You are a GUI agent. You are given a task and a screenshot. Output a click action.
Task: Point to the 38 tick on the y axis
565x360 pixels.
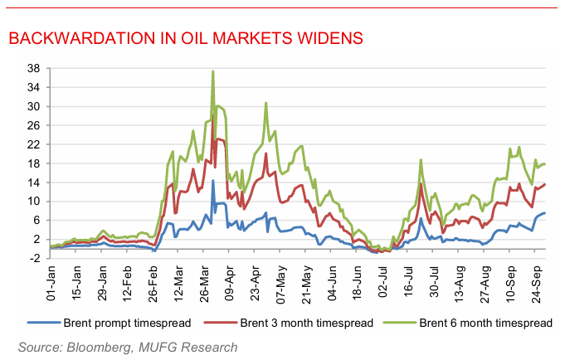point(33,69)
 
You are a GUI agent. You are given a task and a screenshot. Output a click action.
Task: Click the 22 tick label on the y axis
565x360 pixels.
point(33,144)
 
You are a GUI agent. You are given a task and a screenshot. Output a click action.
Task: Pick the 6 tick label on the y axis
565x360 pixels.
point(37,220)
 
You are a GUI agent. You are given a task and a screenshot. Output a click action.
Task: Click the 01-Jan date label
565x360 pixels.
point(51,283)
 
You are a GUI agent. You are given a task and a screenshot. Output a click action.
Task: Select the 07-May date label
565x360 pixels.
point(280,285)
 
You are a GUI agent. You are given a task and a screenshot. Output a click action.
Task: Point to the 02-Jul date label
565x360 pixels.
point(382,282)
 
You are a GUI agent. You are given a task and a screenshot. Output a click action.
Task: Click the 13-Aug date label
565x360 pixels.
point(460,285)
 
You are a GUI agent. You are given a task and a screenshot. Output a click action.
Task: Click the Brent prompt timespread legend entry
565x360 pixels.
point(110,323)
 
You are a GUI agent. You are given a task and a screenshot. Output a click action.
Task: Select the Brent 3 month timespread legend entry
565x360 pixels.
point(289,323)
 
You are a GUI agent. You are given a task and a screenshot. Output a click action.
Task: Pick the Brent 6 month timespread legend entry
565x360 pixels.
point(468,323)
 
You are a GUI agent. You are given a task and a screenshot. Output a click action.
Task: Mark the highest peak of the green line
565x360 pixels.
point(213,71)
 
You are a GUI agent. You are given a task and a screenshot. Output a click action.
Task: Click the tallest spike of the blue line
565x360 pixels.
point(213,181)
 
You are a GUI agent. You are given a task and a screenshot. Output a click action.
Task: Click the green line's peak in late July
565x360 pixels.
point(421,159)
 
